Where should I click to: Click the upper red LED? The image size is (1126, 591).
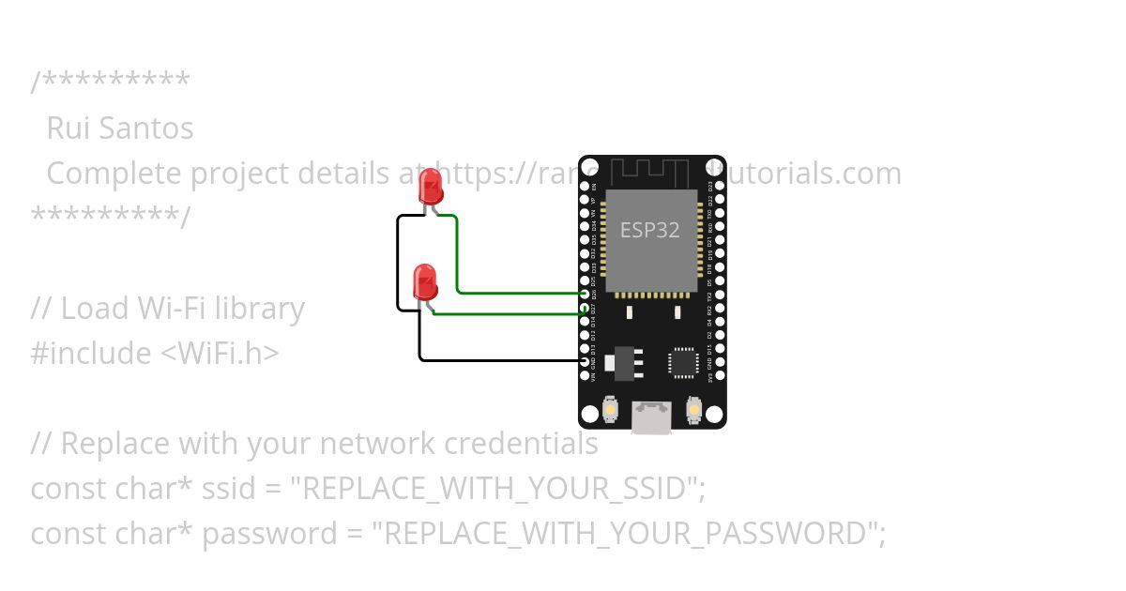coord(431,188)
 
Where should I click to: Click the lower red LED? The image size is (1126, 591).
coord(425,282)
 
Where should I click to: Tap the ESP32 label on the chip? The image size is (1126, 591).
coord(649,229)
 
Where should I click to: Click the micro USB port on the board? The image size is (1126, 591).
coord(651,416)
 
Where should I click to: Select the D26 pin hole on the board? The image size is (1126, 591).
coord(586,294)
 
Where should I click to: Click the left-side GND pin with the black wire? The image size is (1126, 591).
coord(586,361)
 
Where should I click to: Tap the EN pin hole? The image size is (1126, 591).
coord(586,186)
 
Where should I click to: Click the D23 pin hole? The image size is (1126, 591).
coord(718,186)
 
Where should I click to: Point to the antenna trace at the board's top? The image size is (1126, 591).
coord(651,172)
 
